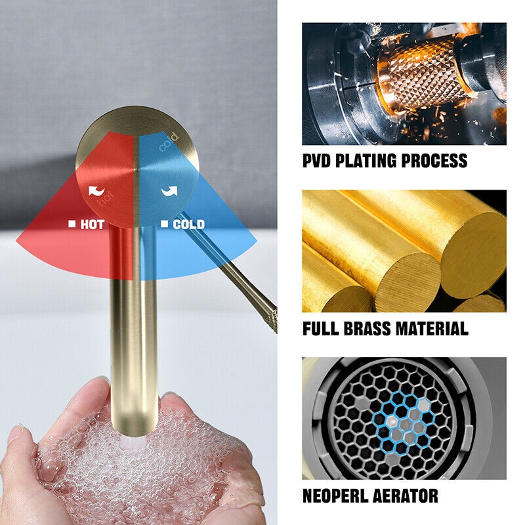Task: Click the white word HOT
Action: pyautogui.click(x=93, y=224)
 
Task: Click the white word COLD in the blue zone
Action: pyautogui.click(x=188, y=224)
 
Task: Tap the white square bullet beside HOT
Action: pyautogui.click(x=72, y=224)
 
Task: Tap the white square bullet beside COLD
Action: pyautogui.click(x=164, y=224)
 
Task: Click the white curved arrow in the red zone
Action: pyautogui.click(x=96, y=192)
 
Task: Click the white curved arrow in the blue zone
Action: pyautogui.click(x=169, y=191)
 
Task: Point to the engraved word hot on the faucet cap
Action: pyautogui.click(x=106, y=199)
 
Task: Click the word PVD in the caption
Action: pyautogui.click(x=316, y=161)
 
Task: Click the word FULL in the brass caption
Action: pyautogui.click(x=320, y=329)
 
